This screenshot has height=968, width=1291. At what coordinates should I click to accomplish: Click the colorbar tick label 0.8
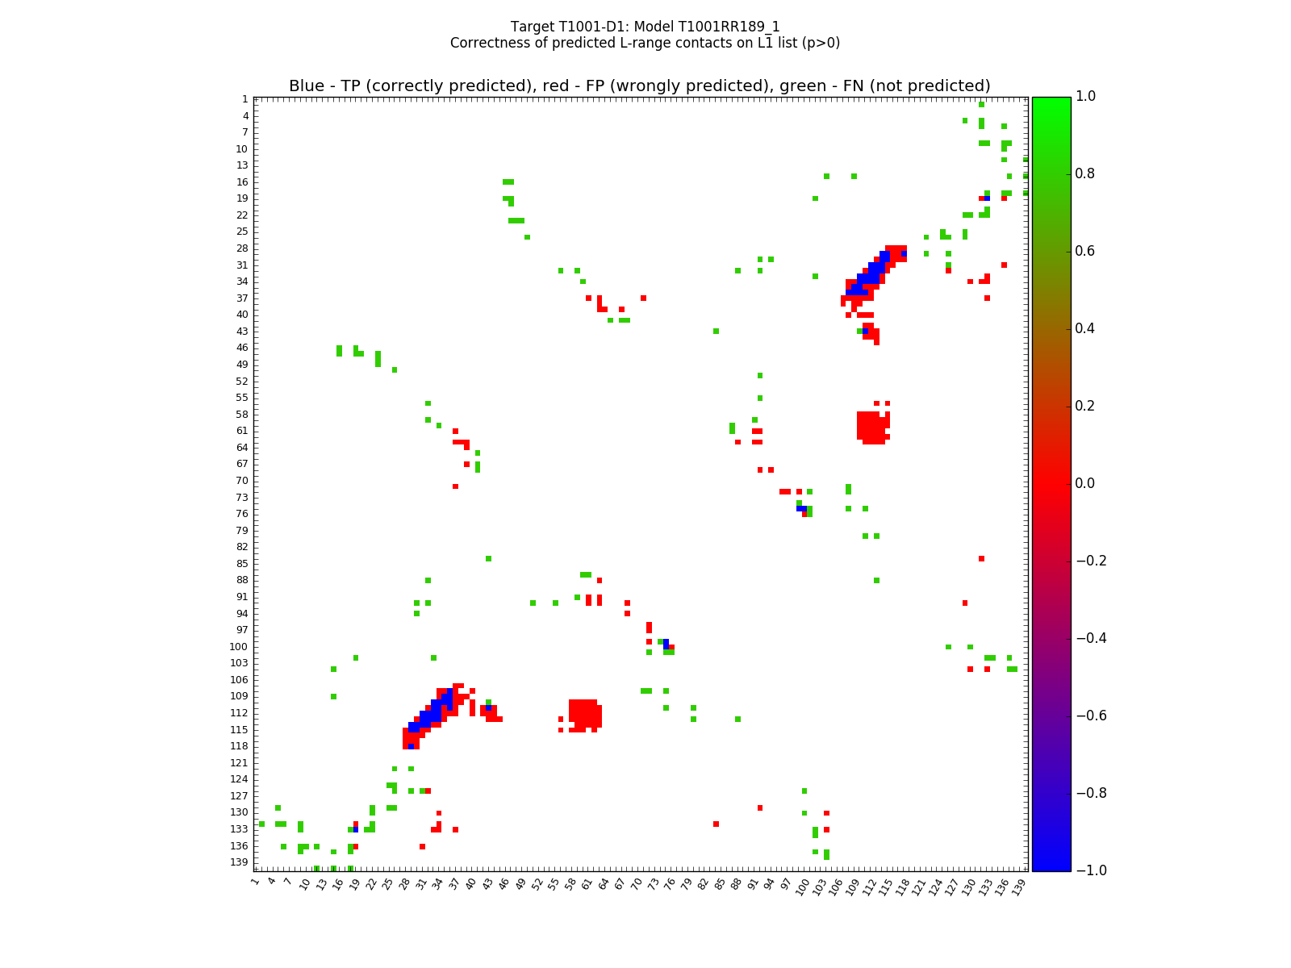click(1091, 174)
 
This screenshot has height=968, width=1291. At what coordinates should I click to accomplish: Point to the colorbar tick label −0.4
click(1091, 638)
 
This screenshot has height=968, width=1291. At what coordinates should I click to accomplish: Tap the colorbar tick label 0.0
click(1091, 483)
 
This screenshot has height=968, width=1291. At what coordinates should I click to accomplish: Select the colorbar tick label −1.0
click(1091, 870)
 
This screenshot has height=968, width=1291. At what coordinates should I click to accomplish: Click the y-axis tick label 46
click(242, 348)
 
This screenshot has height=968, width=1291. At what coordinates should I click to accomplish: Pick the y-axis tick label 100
click(239, 646)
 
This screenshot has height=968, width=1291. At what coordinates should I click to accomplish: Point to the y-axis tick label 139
click(239, 862)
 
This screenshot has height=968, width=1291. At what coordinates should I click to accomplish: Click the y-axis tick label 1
click(244, 99)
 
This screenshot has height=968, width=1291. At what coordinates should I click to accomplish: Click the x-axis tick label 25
click(388, 885)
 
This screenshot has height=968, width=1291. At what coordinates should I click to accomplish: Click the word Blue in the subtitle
click(306, 86)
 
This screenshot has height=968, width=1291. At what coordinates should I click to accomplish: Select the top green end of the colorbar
click(1051, 100)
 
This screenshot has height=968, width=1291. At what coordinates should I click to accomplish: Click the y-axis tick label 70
click(242, 481)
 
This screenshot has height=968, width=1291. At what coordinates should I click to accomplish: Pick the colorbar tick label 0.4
click(1091, 329)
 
